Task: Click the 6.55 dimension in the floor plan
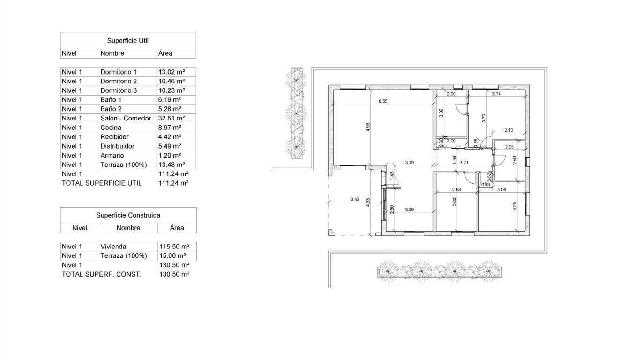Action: coord(383,101)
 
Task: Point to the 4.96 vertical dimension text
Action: coord(368,128)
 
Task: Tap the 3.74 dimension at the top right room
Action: coord(497,94)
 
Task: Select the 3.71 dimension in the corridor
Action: coord(464,163)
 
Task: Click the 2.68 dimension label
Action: coord(456,189)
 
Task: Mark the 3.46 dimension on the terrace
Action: coord(355,200)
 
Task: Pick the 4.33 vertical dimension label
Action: coord(368,203)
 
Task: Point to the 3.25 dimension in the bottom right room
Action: coord(514,206)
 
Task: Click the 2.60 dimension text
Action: coord(514,159)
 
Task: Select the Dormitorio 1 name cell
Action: coord(119,72)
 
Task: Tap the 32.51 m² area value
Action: coord(171,118)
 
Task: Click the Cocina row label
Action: coord(111,127)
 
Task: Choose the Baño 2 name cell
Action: coord(111,109)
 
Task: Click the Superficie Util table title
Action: coord(128,41)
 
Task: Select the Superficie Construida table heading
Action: coord(128,215)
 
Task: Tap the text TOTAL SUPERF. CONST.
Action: coord(102,274)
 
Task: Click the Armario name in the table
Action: coord(112,155)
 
